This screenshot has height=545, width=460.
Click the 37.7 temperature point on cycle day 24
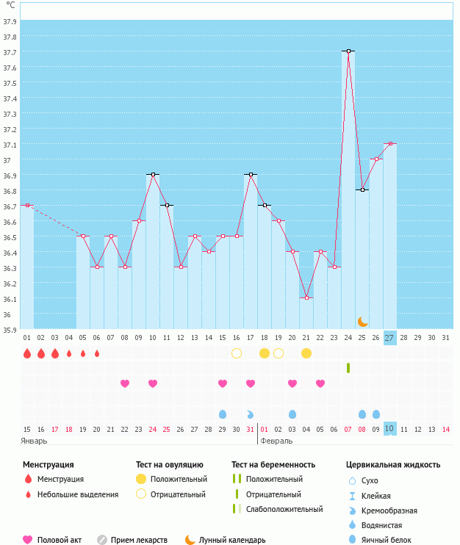tap(348, 51)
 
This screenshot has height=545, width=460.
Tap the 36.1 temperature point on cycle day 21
tap(306, 298)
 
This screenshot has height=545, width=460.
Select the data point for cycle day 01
tap(27, 206)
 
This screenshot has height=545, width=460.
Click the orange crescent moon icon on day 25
tap(362, 322)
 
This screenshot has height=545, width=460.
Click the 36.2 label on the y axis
tap(10, 284)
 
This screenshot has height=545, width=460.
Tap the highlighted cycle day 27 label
tap(389, 337)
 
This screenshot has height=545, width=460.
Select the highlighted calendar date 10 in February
tap(389, 429)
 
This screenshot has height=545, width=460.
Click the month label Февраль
tap(276, 441)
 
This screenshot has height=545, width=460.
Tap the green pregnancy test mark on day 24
tap(348, 367)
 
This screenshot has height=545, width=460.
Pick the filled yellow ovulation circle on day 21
tap(306, 353)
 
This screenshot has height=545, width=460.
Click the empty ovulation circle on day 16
tap(237, 353)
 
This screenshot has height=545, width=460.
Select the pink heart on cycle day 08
tap(125, 383)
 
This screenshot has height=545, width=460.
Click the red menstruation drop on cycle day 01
tap(27, 353)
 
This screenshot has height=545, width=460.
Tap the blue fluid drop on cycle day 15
tap(223, 414)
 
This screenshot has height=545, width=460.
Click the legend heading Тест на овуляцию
tap(170, 465)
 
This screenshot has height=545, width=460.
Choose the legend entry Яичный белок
tap(387, 540)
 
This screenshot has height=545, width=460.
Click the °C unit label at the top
tap(10, 5)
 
